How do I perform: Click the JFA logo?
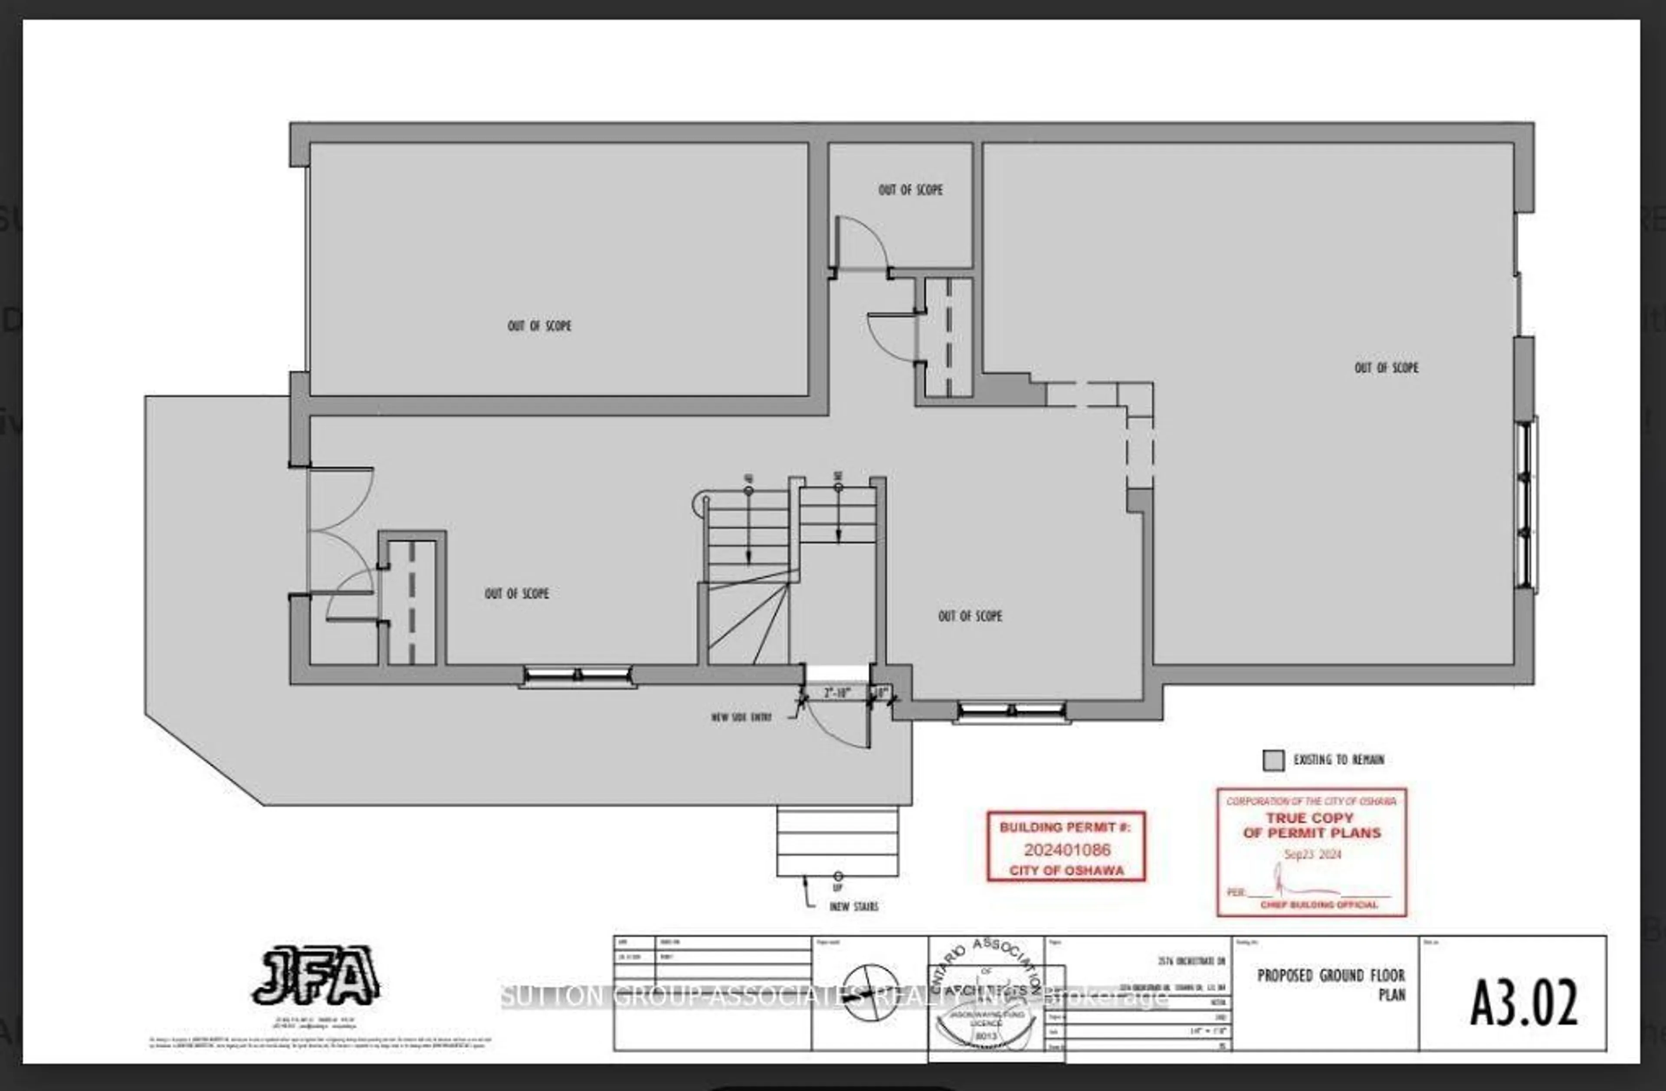[316, 976]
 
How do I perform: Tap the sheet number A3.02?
[1523, 1002]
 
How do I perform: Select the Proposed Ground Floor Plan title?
[1330, 984]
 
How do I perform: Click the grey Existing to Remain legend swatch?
[1273, 761]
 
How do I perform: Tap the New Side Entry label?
[741, 717]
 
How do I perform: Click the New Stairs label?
[853, 906]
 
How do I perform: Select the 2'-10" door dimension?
[837, 693]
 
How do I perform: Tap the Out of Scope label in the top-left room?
[539, 326]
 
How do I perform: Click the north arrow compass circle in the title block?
[870, 992]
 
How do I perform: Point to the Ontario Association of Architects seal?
[987, 994]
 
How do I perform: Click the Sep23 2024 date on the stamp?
[1312, 855]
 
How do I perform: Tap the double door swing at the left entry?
[340, 532]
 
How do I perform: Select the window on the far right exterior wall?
[1525, 504]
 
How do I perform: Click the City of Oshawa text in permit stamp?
[1066, 871]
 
